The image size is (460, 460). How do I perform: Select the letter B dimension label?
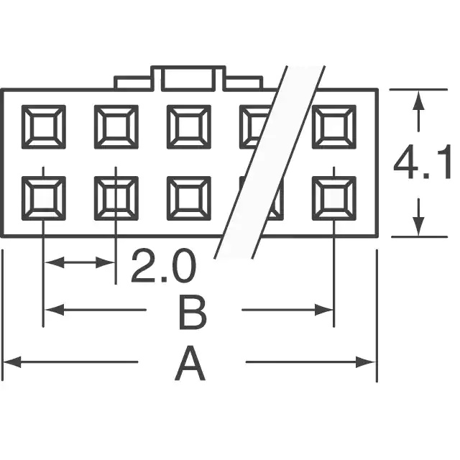193,313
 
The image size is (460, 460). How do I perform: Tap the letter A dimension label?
190,363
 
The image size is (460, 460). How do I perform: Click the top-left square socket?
44,126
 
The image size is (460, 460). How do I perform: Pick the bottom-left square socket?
44,198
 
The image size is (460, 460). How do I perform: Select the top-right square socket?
334,126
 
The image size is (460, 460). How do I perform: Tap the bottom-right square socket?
334,198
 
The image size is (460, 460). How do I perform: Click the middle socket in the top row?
189,126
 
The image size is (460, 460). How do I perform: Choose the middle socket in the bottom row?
189,198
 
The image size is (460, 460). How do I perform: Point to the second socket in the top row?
116,126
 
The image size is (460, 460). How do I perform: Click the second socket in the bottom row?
116,198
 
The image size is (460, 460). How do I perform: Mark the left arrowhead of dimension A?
11,362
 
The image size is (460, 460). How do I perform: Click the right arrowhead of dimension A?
366,362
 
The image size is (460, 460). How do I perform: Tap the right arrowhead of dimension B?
324,310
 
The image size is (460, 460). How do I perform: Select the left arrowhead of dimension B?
55,310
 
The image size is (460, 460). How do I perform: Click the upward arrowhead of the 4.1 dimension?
418,101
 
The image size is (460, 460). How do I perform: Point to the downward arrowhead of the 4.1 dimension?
418,226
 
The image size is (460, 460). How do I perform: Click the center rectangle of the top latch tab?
188,78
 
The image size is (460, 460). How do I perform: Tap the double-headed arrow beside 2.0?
80,262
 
